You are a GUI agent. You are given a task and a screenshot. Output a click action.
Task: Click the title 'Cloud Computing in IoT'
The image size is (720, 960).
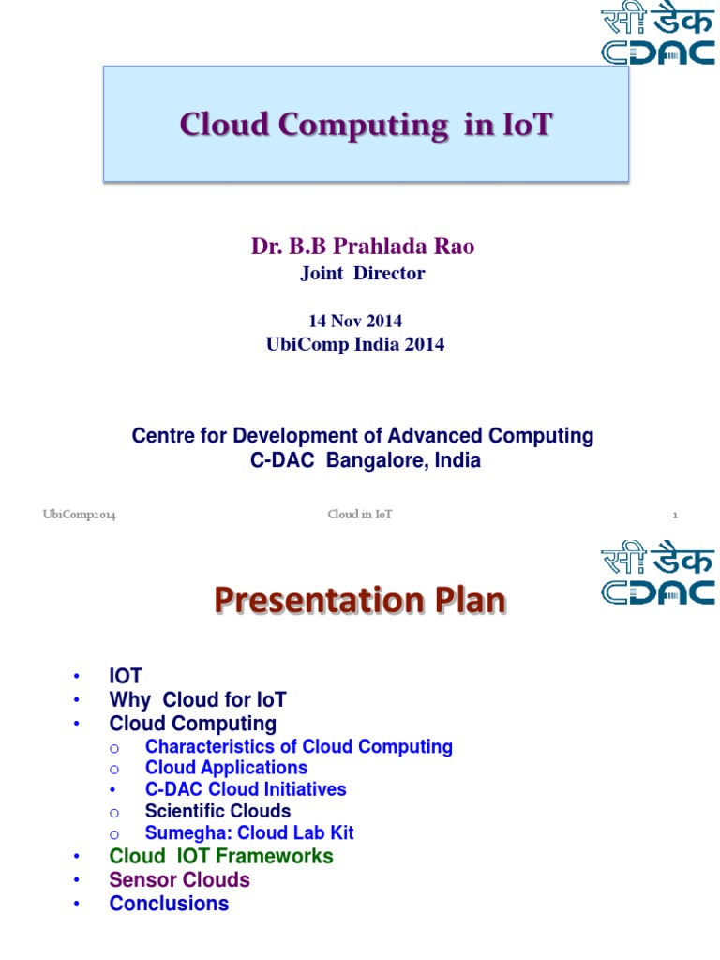(366, 124)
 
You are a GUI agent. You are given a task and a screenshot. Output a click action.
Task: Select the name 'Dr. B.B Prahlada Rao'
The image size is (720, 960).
(362, 247)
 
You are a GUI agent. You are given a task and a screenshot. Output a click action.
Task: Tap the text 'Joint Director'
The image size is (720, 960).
(362, 274)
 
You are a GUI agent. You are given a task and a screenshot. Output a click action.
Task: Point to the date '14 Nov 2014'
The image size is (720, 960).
(355, 322)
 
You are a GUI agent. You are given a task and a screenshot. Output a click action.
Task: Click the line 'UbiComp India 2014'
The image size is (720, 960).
(355, 344)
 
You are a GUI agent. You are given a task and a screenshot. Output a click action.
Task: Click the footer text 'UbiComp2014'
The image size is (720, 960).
(80, 515)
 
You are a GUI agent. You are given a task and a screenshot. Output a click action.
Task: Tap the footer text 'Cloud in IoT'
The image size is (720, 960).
(360, 515)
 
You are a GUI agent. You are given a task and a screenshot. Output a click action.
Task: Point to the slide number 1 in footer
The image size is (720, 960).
(674, 515)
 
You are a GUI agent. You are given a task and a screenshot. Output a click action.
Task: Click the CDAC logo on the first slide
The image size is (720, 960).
(657, 34)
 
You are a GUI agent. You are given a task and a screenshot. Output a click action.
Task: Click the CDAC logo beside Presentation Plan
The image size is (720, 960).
(657, 574)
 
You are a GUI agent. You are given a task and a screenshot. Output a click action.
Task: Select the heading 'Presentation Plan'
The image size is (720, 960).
(359, 599)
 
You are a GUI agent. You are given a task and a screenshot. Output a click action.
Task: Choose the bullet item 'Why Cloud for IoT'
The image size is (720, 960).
(198, 699)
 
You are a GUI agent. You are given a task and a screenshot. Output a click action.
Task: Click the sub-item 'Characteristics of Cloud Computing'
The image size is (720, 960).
(299, 746)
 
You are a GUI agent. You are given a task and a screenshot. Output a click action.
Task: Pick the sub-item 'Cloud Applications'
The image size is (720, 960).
(226, 768)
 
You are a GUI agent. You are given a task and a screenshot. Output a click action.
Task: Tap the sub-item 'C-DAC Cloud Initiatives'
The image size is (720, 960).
(246, 789)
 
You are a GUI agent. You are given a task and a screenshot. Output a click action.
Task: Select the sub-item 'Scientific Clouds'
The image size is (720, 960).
(217, 811)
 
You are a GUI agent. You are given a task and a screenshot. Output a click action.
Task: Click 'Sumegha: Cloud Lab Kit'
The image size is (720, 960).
(249, 832)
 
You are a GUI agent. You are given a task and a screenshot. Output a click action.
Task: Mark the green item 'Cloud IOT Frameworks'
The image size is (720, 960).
(221, 856)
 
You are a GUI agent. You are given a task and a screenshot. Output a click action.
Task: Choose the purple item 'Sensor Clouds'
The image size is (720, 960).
(180, 879)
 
